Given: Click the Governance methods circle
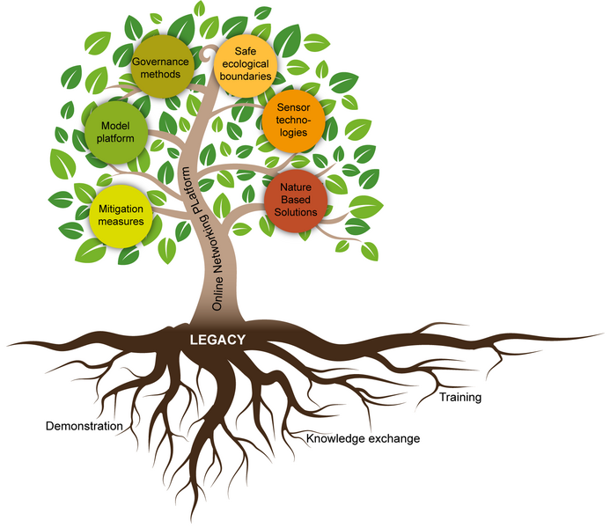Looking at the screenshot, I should tap(163, 67).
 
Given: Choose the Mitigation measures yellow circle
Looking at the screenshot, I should tap(122, 215).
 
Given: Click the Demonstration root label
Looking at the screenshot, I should tap(84, 427).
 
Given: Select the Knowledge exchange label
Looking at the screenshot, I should tap(363, 437).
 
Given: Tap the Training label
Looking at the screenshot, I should tap(460, 397).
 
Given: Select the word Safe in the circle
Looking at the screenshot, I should tap(246, 49).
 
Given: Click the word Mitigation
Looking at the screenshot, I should tap(122, 209).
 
